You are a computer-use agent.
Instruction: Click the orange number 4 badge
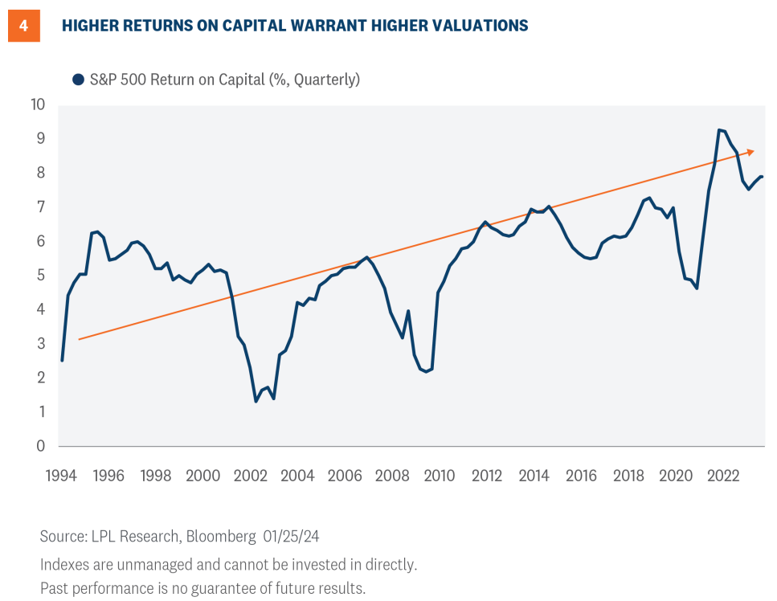coord(24,26)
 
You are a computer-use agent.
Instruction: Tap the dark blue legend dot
coord(78,80)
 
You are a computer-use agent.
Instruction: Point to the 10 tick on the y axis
coord(38,105)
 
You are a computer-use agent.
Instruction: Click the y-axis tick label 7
coord(40,207)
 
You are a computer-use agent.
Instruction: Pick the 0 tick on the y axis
coord(40,446)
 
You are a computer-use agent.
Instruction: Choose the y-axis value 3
coord(40,344)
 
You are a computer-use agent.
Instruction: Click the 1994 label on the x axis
coord(61,476)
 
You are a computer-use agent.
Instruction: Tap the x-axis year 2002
coord(250,476)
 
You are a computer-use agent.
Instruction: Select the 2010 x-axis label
coord(440,476)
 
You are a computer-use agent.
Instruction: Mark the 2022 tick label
coord(723,476)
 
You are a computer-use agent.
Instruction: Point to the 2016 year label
coord(581,476)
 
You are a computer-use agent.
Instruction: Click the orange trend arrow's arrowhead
coord(750,151)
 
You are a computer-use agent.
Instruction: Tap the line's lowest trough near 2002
coord(256,401)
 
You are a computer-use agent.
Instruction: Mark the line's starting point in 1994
coord(62,360)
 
